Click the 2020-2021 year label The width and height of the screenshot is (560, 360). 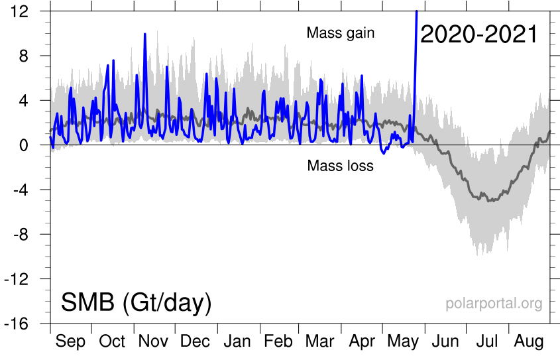click(478, 34)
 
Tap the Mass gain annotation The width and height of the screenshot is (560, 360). click(341, 33)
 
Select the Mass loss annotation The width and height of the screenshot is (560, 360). click(340, 166)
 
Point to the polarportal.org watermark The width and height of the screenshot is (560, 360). click(494, 304)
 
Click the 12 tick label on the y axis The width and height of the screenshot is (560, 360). click(28, 11)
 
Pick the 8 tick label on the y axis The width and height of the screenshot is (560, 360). click(32, 56)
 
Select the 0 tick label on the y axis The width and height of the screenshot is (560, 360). click(32, 145)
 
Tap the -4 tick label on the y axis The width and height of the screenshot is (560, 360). click(29, 190)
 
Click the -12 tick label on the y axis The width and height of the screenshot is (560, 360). click(26, 279)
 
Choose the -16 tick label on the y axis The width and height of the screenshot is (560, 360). click(26, 324)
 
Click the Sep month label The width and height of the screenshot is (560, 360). click(70, 341)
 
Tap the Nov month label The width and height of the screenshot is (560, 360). click(153, 341)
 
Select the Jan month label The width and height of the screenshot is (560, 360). click(237, 341)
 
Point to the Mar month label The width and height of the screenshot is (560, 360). click(320, 341)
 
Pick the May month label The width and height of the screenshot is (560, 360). click(404, 341)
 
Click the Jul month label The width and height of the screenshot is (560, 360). click(488, 341)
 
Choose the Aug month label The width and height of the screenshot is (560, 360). click(530, 341)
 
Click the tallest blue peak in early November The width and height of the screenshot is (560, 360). click(144, 34)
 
